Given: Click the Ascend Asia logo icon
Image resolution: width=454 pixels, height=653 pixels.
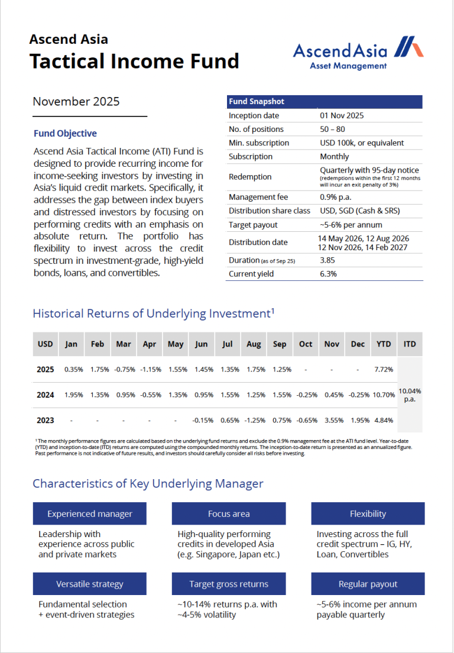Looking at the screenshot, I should (x=408, y=47).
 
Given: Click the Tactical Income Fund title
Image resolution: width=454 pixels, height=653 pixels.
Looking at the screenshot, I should (x=134, y=61).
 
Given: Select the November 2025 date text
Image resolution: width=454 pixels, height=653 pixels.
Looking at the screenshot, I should (x=76, y=101).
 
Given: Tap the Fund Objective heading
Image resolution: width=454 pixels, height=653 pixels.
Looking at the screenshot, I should (x=65, y=134).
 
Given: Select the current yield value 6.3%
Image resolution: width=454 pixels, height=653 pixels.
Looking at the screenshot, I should (x=328, y=274).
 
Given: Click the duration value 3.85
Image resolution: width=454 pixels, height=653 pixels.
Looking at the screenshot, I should (x=328, y=260).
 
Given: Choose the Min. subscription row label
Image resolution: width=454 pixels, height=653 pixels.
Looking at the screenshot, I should (x=259, y=143).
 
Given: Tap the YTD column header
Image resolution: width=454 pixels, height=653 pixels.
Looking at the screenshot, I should (x=384, y=344).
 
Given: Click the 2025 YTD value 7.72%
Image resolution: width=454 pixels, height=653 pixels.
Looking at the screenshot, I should (x=384, y=370).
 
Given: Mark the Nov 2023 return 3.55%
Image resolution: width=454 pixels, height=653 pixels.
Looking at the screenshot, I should (x=332, y=421).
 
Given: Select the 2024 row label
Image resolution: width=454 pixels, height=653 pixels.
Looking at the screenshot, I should (x=46, y=395).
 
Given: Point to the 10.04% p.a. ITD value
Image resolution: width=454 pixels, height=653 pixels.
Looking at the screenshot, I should (x=410, y=395).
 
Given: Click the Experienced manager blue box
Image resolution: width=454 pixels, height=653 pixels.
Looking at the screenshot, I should (x=90, y=514).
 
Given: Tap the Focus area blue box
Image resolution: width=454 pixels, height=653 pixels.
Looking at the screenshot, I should (x=229, y=514).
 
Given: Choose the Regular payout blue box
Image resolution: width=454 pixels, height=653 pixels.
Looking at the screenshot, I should (x=368, y=584).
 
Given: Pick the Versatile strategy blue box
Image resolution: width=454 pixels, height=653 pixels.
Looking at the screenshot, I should (x=90, y=584).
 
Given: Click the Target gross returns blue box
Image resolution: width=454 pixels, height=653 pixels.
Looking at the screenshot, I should (x=229, y=584).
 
